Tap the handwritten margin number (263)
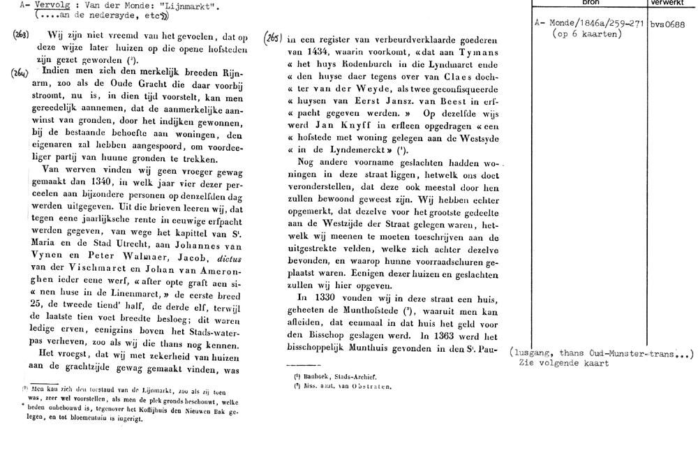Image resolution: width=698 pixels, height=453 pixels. point(21,34)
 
